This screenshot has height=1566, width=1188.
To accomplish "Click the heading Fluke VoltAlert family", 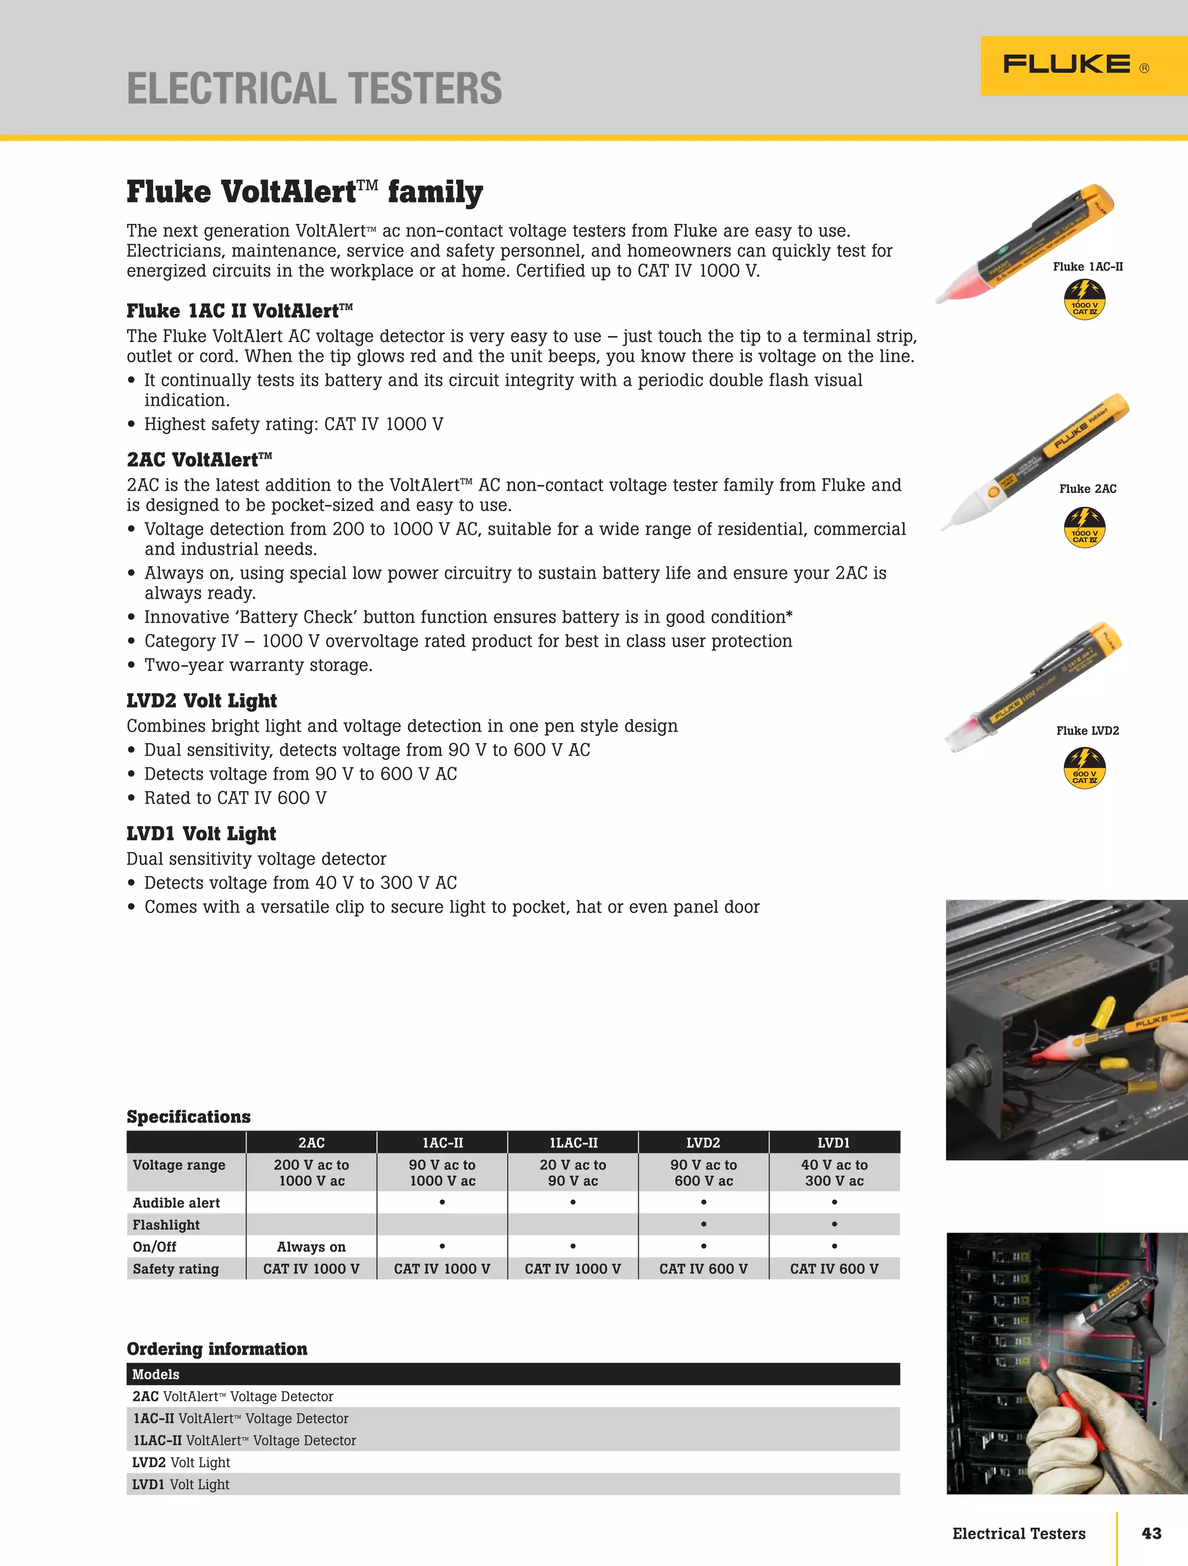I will point(305,192).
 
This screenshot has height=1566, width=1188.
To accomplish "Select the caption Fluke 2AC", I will point(1088,488).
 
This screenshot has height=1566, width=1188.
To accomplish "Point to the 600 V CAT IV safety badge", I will point(1084,769).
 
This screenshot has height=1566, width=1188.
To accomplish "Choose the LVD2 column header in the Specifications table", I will point(703,1143).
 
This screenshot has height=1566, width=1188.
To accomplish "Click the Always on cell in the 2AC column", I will point(311,1247).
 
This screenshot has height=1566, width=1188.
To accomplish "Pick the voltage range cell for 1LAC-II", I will point(573,1172).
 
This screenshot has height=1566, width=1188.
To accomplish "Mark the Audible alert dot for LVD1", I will point(834,1202).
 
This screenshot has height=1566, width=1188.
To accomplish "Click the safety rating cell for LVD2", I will point(703,1268).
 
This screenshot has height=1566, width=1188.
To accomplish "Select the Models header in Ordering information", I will point(156,1374).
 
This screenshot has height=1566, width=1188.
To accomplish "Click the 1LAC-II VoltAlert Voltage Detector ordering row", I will point(245,1440).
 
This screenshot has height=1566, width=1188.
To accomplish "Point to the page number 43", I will point(1151,1534).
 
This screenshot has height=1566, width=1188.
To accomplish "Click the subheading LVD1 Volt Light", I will point(201,833).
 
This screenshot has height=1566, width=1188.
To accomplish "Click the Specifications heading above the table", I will point(189,1116).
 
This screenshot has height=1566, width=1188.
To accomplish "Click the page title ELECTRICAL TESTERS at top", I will point(314,89).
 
